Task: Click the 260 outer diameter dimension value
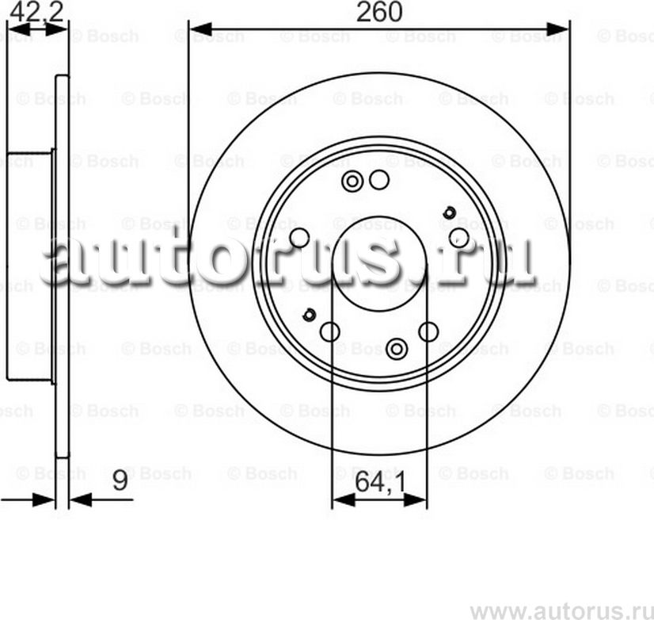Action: (379, 12)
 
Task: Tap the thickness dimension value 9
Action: (120, 482)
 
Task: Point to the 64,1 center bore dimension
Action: (379, 482)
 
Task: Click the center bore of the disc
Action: (379, 262)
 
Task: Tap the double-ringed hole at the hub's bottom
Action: (397, 347)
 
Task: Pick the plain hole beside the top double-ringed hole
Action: (379, 181)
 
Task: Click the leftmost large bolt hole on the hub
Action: (298, 237)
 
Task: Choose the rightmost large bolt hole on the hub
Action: (458, 237)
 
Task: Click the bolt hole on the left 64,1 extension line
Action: (331, 331)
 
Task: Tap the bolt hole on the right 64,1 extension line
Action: (428, 331)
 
